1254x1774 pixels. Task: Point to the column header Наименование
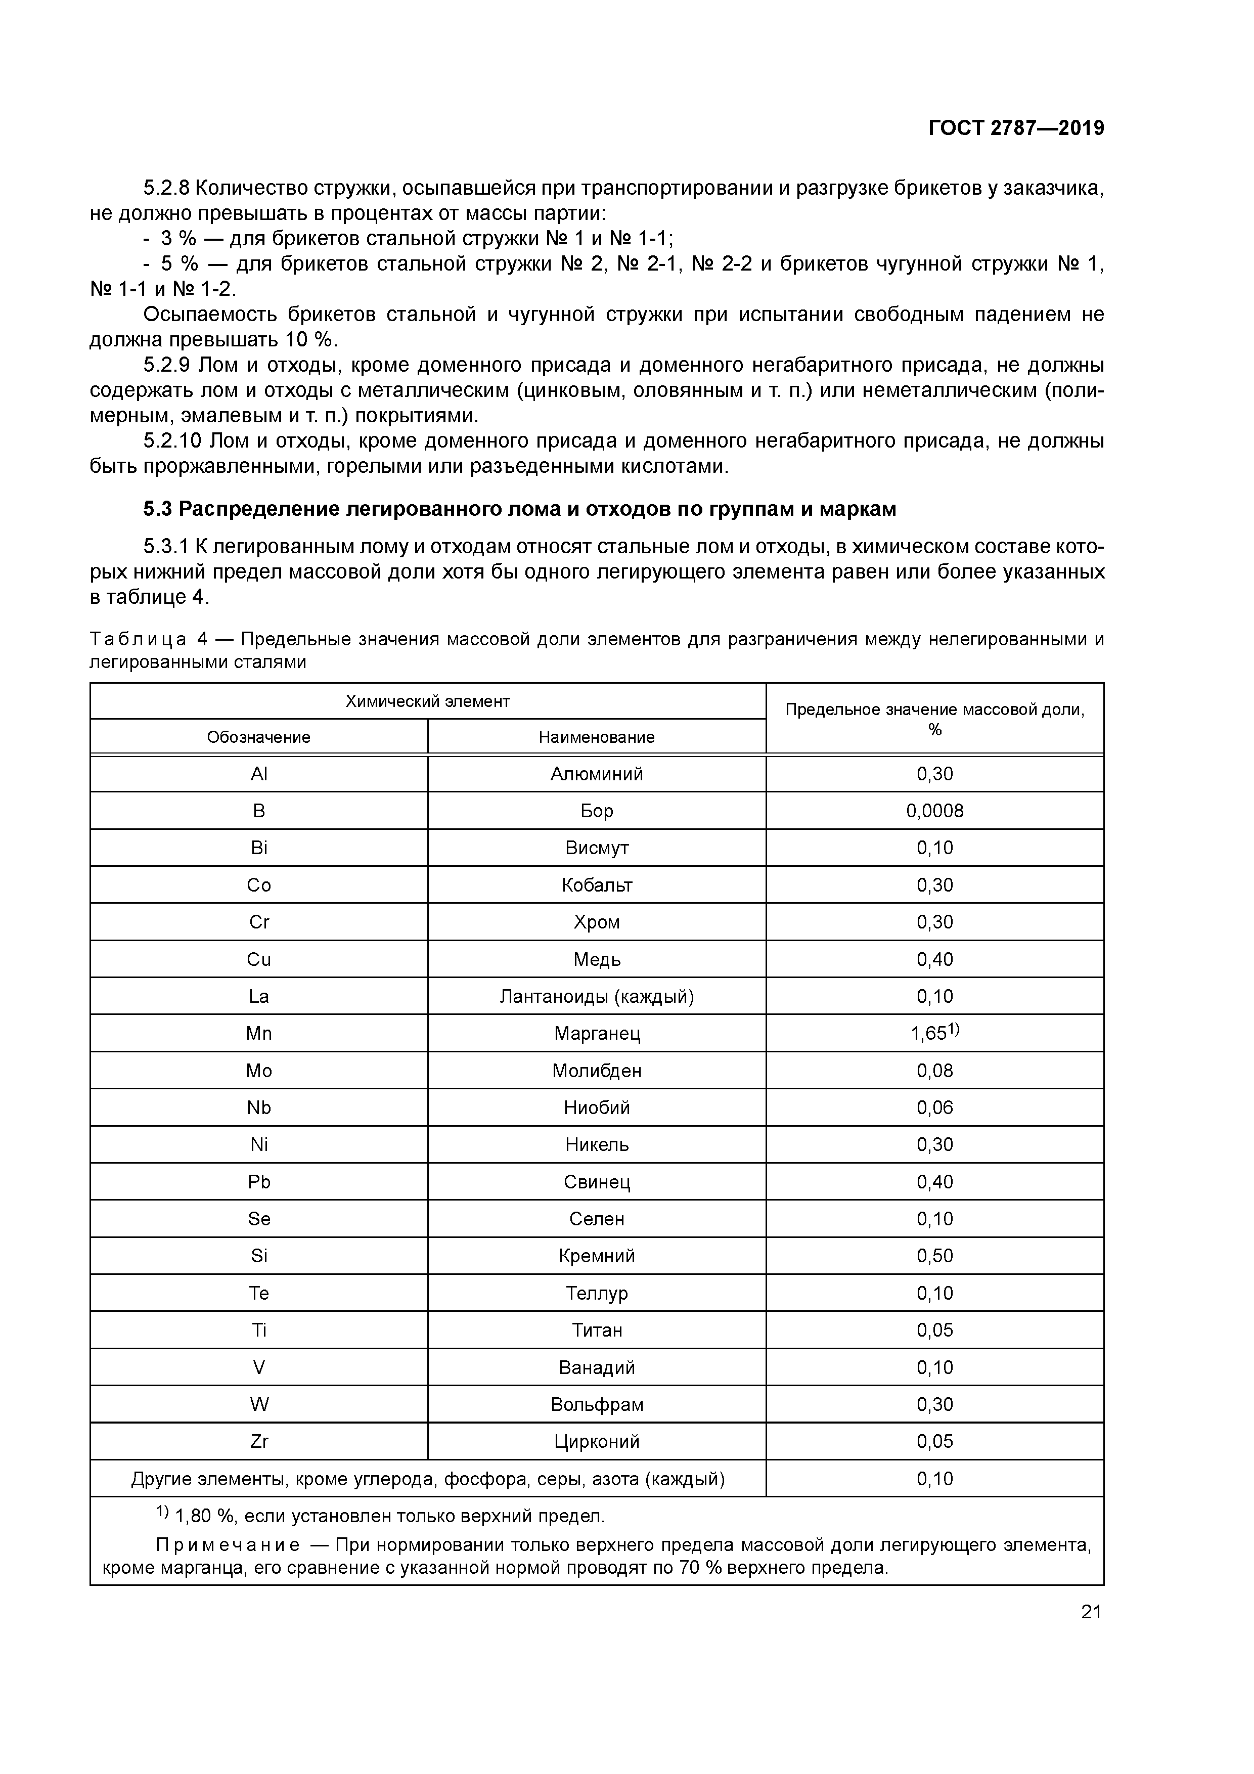[x=597, y=737]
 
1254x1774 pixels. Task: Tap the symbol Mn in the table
[x=259, y=1033]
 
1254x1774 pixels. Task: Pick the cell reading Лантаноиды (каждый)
[x=597, y=996]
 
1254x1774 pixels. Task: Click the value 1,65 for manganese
[x=929, y=1034]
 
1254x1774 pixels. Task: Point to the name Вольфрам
[x=597, y=1404]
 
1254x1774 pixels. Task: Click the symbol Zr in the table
[x=259, y=1441]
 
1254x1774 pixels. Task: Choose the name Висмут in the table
[x=597, y=848]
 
